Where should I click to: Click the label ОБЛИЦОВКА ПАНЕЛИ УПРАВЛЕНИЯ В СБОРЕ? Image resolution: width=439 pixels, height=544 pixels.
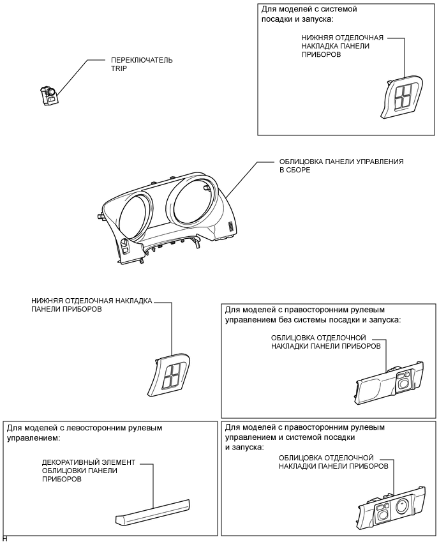341,167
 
